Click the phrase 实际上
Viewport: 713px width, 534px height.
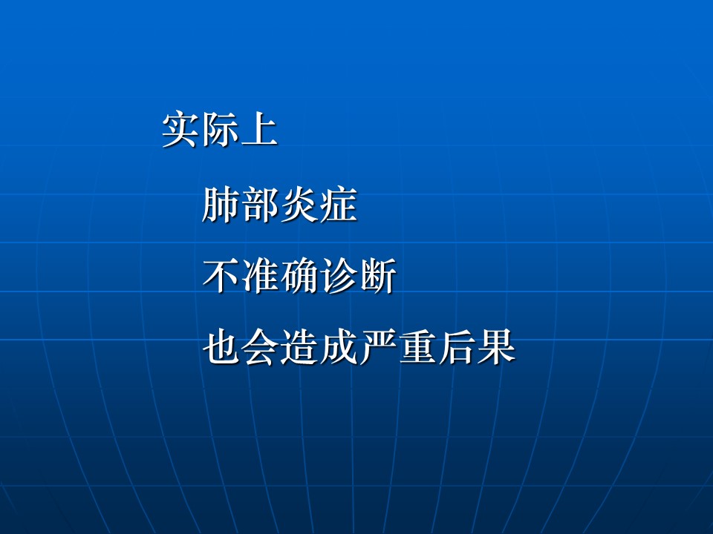coord(220,129)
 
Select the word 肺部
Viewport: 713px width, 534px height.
coord(241,205)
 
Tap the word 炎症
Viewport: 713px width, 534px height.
coord(319,205)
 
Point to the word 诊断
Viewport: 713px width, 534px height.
coord(358,276)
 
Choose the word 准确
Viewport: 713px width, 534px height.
coord(280,276)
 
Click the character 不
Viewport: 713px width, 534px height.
coord(221,276)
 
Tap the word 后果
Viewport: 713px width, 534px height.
coord(477,347)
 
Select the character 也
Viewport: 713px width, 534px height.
coord(221,347)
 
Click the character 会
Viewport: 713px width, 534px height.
coord(260,347)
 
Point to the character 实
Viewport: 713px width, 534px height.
coord(181,129)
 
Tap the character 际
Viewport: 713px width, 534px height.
coord(221,129)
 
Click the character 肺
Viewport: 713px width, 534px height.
coord(221,205)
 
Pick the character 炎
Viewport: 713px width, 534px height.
coord(299,205)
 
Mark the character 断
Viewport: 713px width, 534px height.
coord(377,276)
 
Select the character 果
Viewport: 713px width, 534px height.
coord(496,347)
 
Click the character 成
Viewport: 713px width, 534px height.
coord(339,347)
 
